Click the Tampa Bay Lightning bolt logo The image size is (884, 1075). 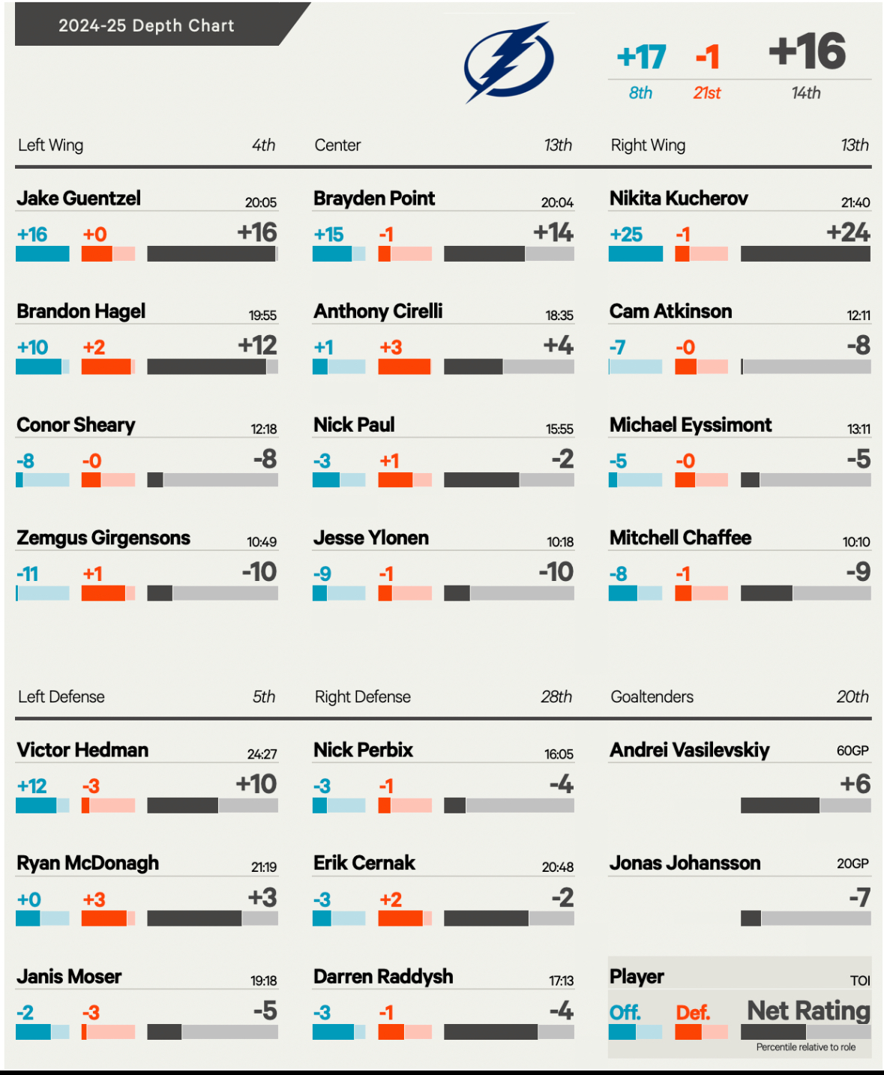508,61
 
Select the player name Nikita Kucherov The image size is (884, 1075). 679,199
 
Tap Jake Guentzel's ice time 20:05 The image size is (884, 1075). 261,202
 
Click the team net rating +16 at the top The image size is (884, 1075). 808,52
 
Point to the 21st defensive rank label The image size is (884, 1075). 706,93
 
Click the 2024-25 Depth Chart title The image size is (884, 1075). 147,25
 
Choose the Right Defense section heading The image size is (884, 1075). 363,697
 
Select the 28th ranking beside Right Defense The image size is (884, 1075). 556,697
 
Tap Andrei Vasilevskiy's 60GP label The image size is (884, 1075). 853,750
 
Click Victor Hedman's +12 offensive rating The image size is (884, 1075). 32,786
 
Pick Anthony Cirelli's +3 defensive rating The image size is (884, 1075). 391,347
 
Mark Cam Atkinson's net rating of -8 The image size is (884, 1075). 859,345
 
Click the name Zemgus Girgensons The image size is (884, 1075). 103,538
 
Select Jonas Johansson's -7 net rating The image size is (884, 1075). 859,897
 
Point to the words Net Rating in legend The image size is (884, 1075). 808,1011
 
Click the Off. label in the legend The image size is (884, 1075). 625,1013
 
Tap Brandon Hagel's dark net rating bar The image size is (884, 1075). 206,367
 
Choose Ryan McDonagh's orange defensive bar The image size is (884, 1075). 104,918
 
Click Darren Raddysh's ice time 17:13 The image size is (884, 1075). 561,981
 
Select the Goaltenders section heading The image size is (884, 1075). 652,697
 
